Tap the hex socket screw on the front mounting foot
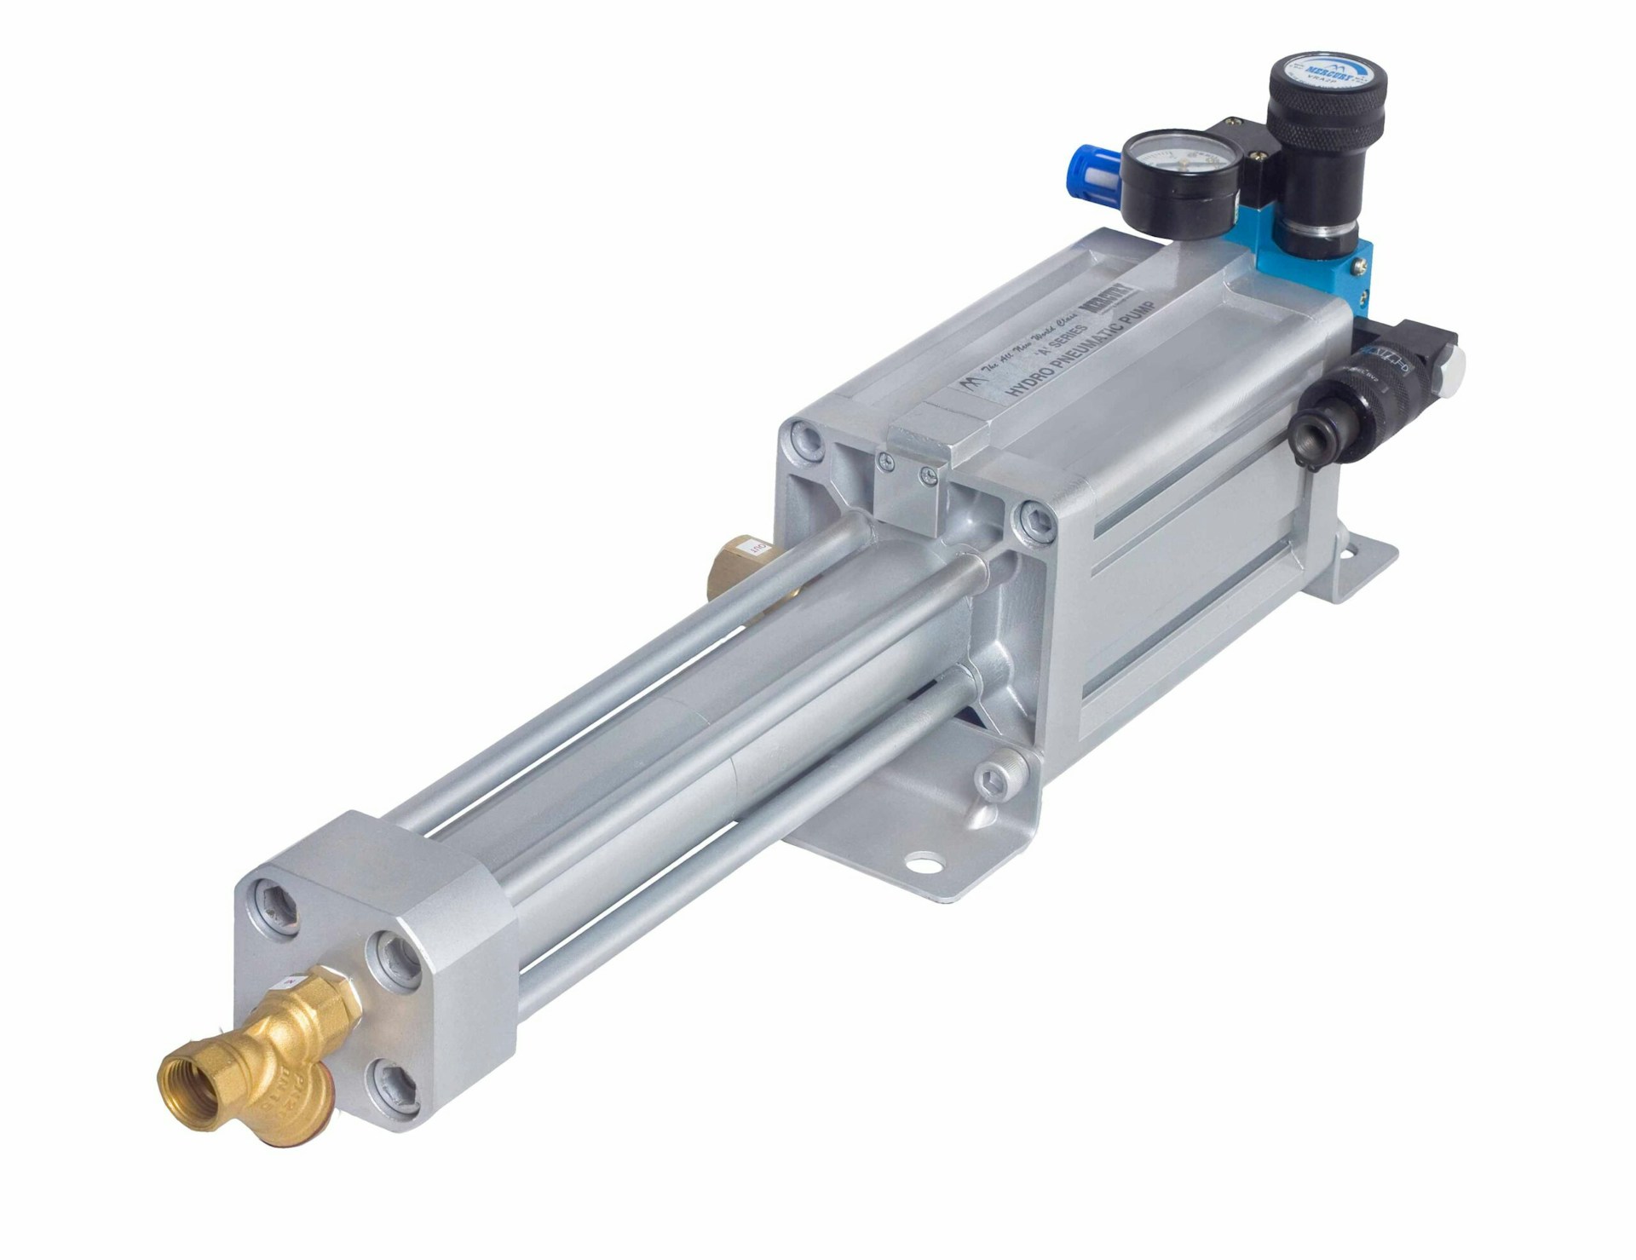[x=991, y=778]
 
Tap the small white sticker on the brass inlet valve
[x=293, y=981]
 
